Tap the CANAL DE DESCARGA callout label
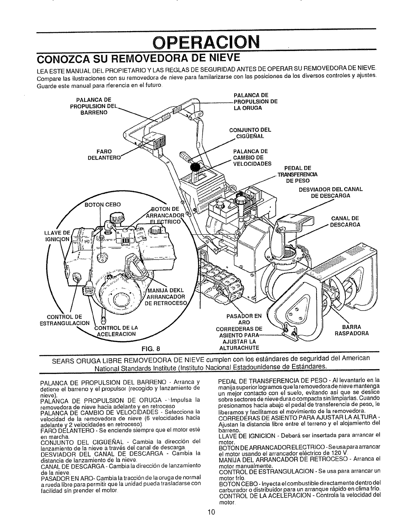pyautogui.click(x=345, y=221)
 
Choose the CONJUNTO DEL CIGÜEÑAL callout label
pyautogui.click(x=250, y=133)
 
